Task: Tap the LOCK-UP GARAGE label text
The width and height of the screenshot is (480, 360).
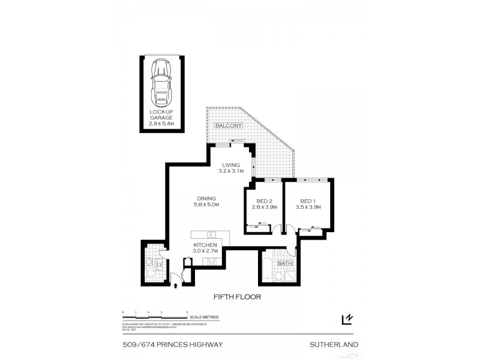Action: click(x=161, y=115)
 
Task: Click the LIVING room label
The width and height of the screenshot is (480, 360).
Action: click(x=230, y=169)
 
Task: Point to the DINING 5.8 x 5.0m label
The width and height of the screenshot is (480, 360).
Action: click(x=206, y=202)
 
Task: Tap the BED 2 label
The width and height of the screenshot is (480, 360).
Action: click(x=262, y=204)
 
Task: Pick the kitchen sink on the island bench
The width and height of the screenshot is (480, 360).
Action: click(x=211, y=235)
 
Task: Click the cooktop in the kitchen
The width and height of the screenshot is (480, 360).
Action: click(x=211, y=260)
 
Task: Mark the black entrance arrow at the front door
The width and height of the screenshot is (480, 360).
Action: click(x=175, y=286)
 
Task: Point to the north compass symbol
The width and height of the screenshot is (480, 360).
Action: click(x=346, y=320)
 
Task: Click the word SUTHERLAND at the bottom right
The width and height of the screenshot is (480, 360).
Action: click(x=334, y=344)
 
